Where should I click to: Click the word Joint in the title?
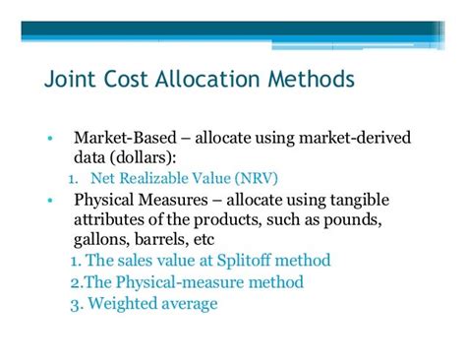click(72, 77)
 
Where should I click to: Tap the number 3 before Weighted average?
click(74, 303)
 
